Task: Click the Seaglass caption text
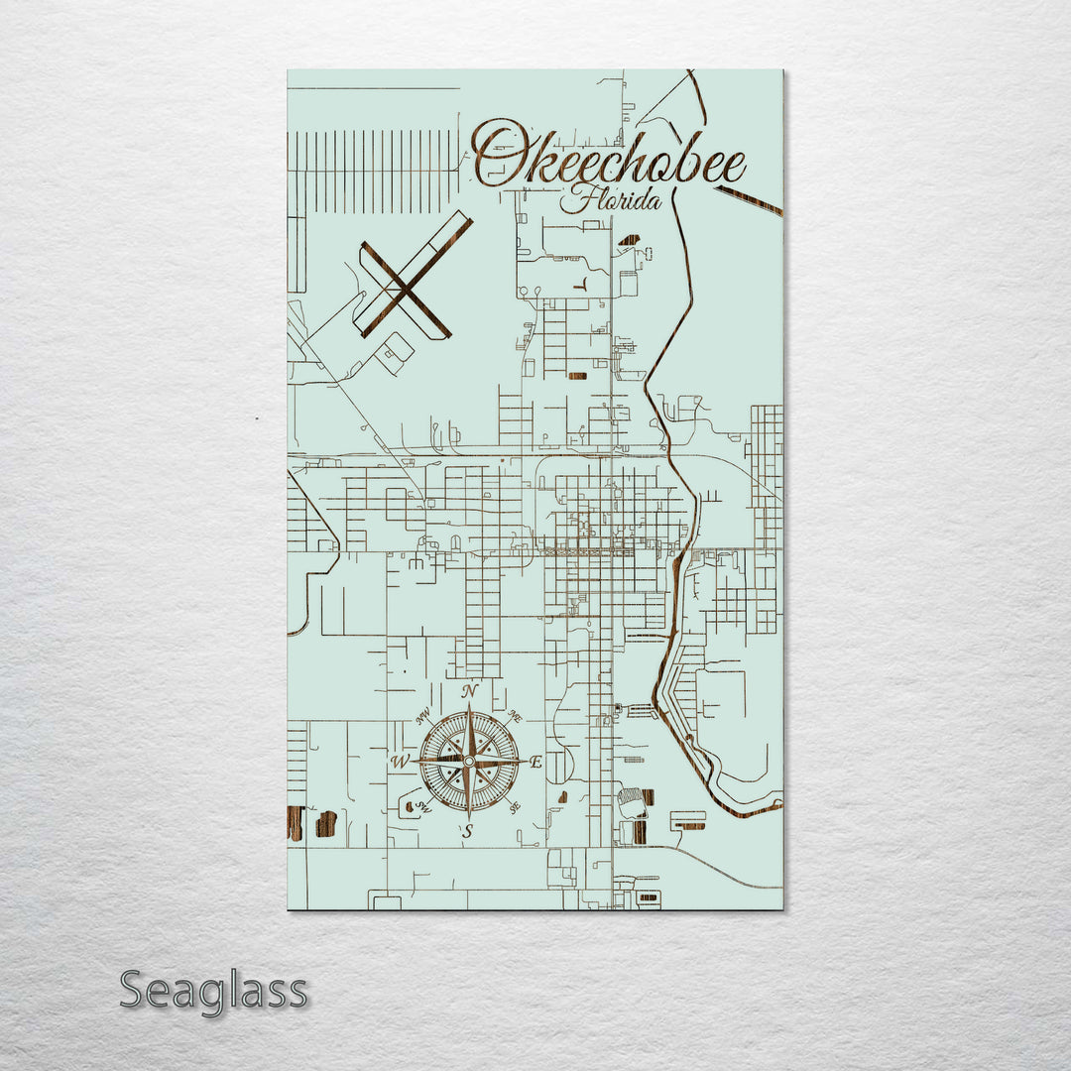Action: [213, 991]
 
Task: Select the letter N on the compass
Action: [470, 691]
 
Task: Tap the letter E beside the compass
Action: [535, 763]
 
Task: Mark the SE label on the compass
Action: [514, 808]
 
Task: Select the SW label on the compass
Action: [424, 806]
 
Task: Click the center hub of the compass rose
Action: [468, 762]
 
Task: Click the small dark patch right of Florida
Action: [629, 240]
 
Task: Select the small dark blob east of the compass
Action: [563, 796]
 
